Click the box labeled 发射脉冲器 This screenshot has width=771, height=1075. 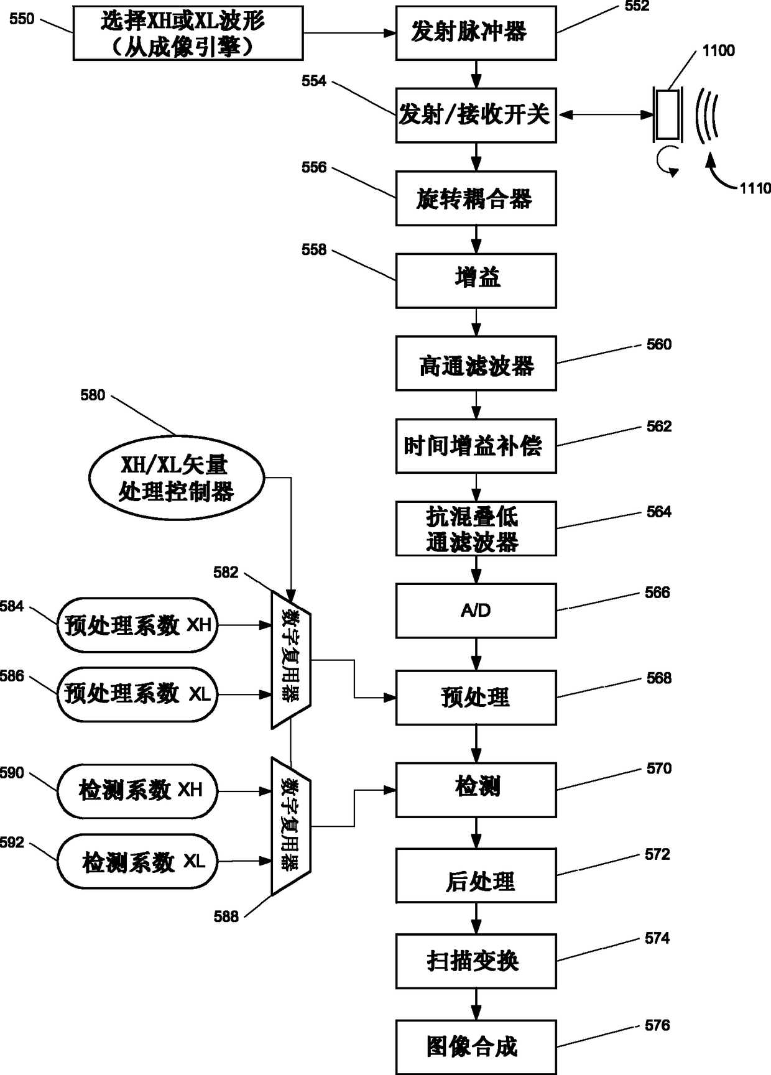[476, 32]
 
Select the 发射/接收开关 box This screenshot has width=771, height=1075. [476, 115]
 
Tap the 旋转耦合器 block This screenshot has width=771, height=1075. [476, 198]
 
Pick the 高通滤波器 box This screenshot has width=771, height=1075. [476, 364]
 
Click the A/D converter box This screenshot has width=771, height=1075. [476, 611]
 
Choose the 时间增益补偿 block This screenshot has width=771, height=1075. [476, 446]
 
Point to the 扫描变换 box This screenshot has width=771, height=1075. [476, 961]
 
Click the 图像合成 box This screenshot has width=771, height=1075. [476, 1047]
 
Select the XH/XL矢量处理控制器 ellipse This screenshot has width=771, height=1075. [177, 478]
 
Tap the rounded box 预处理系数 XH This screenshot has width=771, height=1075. [138, 625]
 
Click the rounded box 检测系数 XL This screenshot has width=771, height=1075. [138, 862]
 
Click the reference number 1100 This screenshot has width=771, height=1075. [718, 50]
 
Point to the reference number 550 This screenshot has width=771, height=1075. [22, 19]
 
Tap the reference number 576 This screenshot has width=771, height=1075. [657, 1025]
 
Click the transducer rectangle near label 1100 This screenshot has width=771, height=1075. [668, 115]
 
